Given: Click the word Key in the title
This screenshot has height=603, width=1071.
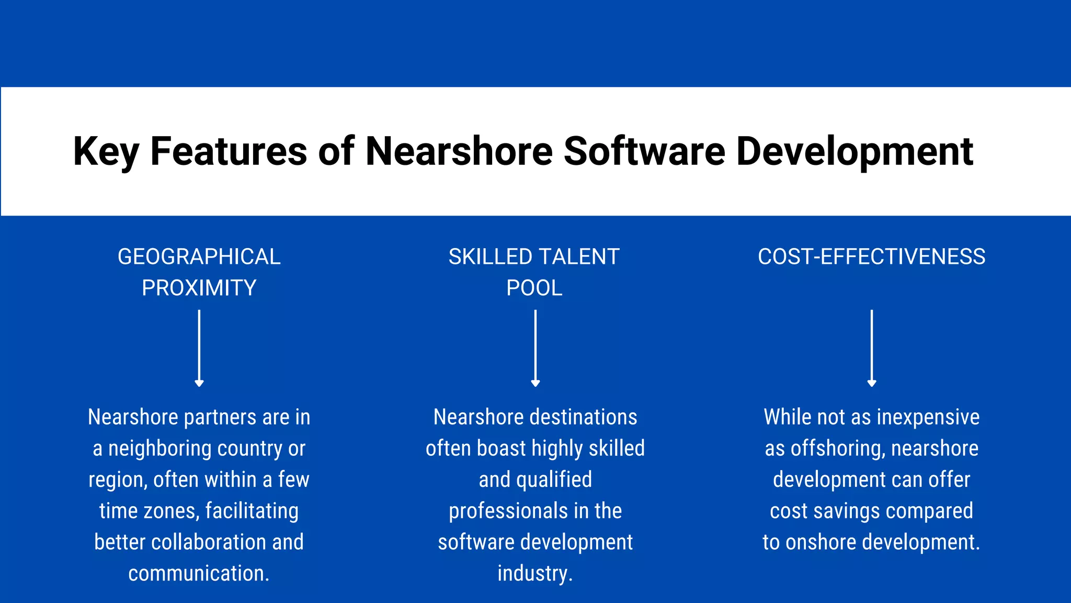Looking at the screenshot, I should click(x=106, y=152).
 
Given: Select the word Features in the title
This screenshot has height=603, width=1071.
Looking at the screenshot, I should click(x=229, y=152).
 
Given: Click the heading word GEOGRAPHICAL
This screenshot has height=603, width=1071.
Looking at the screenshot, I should click(x=199, y=257).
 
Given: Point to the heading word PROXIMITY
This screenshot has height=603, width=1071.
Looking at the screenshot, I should click(x=199, y=288).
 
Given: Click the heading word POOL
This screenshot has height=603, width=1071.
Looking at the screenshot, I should click(x=534, y=288).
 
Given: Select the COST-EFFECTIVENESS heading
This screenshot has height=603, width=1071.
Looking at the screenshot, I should click(x=871, y=257).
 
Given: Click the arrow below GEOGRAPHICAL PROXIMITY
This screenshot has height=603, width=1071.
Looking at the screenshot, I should click(x=199, y=348).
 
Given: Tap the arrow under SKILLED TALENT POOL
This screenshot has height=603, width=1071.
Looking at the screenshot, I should click(x=535, y=348).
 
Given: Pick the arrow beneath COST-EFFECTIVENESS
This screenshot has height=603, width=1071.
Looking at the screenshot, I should click(x=871, y=348).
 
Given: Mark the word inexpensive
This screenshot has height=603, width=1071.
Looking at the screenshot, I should click(x=928, y=418).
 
